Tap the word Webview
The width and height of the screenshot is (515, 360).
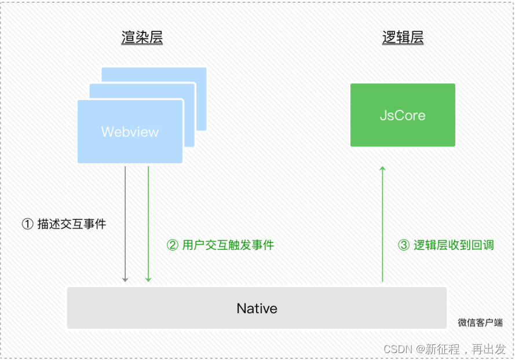130,132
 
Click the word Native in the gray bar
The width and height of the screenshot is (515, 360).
257,308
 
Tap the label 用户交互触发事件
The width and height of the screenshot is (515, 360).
228,245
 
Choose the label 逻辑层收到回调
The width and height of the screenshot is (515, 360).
454,245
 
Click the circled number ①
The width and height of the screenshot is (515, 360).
27,224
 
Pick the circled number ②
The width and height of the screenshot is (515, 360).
172,245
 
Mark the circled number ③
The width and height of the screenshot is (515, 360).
404,245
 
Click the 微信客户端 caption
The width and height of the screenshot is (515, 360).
480,323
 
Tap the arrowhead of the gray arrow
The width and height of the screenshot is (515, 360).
125,280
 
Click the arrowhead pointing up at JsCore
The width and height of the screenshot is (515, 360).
382,168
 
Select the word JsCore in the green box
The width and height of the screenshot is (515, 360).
403,115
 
